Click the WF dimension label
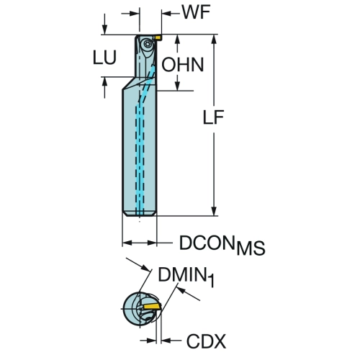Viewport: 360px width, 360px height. coord(197,12)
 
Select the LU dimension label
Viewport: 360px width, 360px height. coord(104,58)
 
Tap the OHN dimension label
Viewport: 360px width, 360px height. coord(183,65)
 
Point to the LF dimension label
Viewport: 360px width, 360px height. coord(213,117)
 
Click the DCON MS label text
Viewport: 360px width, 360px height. coord(222,245)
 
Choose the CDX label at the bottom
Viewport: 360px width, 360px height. coord(206,341)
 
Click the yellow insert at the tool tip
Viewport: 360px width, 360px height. coord(158,37)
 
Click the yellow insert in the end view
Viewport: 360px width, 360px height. coord(152,307)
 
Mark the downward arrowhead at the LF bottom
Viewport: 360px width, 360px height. coord(214,210)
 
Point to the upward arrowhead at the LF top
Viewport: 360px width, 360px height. coord(214,40)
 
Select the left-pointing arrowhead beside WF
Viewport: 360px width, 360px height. coord(166,14)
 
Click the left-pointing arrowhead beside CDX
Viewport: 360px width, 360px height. coord(166,341)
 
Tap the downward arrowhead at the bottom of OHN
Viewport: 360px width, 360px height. coord(177,86)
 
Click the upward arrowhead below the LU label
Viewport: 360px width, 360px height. coord(104,82)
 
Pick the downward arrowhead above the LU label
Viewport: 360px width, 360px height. coord(104,30)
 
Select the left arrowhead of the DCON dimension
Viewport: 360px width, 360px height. coord(127,243)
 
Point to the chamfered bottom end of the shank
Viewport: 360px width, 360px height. coord(140,214)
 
